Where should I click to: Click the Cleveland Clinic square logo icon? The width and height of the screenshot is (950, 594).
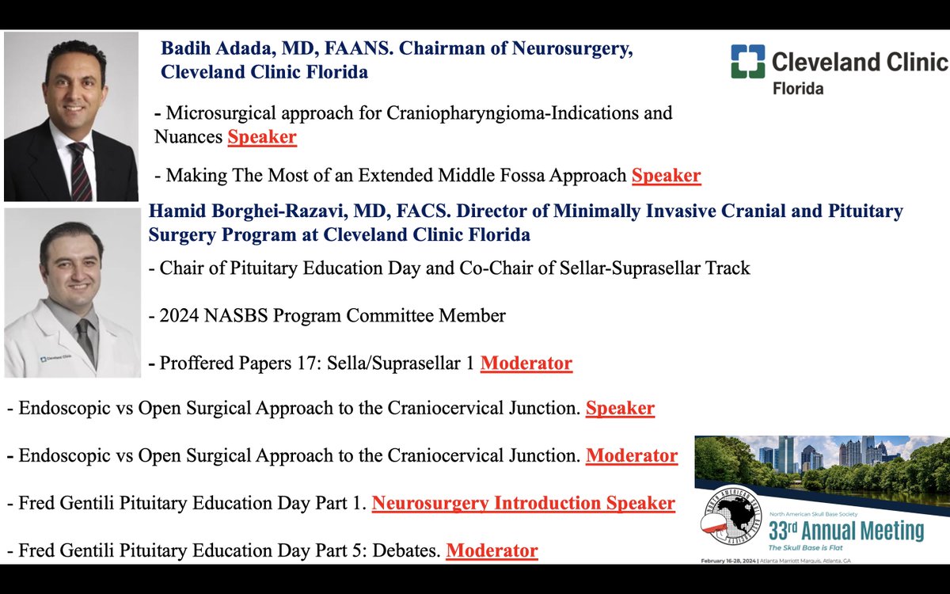coord(748,61)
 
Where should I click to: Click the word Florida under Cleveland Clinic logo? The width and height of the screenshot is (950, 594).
coord(797,88)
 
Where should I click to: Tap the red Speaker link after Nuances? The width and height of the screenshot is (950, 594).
coord(262,137)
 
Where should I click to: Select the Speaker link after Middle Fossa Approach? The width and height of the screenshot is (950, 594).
coord(666,176)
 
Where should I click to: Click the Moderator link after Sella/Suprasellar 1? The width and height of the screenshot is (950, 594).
coord(526,364)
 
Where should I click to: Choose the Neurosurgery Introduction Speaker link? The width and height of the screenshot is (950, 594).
coord(523,503)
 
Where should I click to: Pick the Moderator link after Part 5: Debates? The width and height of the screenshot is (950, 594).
coord(492,550)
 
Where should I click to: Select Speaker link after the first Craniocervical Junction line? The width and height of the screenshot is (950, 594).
coord(620,409)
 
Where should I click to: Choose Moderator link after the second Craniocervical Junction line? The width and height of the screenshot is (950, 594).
coord(631,456)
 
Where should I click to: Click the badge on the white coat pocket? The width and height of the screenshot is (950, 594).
coord(54,359)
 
